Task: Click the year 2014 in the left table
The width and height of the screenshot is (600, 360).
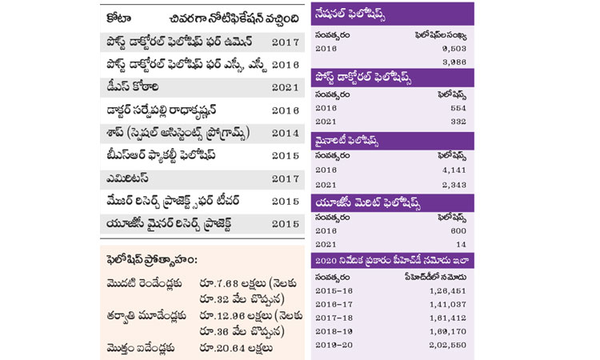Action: [285, 132]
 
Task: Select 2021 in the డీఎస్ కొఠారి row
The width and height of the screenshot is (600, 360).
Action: [285, 85]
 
